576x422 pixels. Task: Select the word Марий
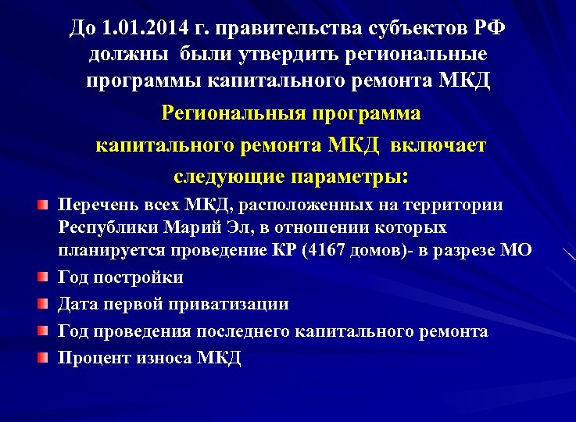[191, 227]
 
